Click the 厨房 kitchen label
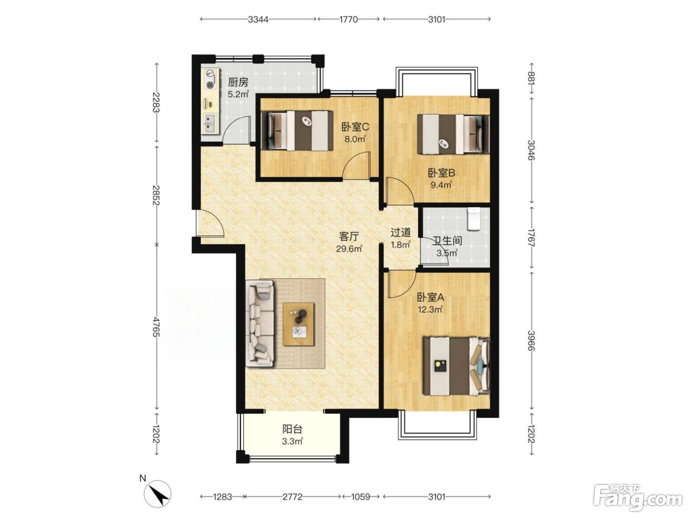tap(238, 83)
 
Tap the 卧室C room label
tap(355, 127)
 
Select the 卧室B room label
tap(441, 173)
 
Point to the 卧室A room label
tap(430, 297)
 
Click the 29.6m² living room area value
tap(349, 249)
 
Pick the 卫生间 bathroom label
tap(447, 241)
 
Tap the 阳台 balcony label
tap(293, 429)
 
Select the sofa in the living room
tap(260, 324)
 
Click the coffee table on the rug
tap(299, 324)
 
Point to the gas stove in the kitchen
tap(210, 79)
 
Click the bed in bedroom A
tap(456, 366)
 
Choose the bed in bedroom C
tap(297, 131)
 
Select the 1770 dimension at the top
tap(348, 20)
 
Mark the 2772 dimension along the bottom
tap(293, 497)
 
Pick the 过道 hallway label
tap(401, 232)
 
